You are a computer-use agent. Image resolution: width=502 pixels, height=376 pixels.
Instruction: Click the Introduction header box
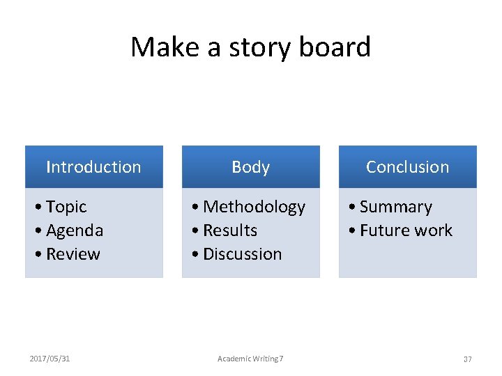[x=93, y=167]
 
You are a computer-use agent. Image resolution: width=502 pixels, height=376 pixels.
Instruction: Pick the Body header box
[x=250, y=167]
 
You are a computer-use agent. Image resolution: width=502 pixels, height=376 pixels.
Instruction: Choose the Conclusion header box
[x=407, y=167]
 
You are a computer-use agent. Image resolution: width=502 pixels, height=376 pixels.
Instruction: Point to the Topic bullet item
[x=66, y=207]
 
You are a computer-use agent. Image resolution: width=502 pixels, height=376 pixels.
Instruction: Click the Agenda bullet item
[x=74, y=230]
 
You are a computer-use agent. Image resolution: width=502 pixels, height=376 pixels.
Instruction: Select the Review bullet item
[x=73, y=254]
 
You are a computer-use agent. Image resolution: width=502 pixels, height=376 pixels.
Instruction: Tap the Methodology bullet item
[x=254, y=207]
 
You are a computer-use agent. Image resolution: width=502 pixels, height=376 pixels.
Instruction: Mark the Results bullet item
[x=230, y=230]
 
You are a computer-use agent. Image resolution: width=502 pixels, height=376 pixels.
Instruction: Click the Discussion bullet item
[x=242, y=254]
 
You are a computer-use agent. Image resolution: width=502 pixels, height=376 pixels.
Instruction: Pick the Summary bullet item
[x=395, y=207]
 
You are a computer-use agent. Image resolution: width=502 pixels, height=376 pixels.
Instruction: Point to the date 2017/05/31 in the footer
[x=50, y=359]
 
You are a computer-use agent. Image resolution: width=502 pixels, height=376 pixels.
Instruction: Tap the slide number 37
[x=467, y=359]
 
